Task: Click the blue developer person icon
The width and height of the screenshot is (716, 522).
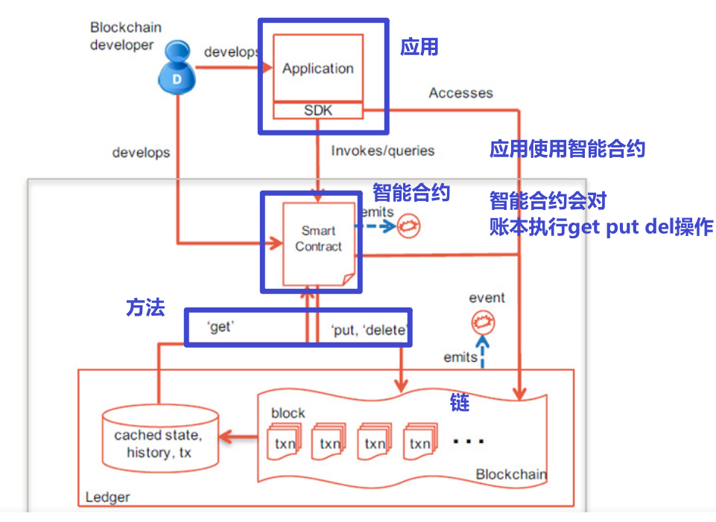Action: (x=177, y=71)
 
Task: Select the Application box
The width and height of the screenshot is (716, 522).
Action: (x=318, y=68)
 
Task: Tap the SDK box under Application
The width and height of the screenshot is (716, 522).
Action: (x=318, y=110)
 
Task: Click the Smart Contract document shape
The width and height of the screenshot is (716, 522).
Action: (x=318, y=240)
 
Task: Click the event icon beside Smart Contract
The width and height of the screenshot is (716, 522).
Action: (x=408, y=226)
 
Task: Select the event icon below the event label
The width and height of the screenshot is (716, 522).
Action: (x=482, y=324)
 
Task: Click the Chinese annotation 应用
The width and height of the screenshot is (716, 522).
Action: (x=419, y=48)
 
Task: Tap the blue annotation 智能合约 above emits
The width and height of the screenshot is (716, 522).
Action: (x=411, y=193)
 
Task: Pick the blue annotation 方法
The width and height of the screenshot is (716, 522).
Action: (x=145, y=308)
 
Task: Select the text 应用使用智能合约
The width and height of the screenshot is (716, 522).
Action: (x=567, y=149)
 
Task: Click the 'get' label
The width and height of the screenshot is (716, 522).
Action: (x=221, y=328)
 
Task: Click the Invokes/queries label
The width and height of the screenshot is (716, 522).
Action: (x=382, y=150)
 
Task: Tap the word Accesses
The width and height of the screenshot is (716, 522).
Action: (x=460, y=93)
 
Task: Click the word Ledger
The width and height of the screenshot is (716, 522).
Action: (x=107, y=497)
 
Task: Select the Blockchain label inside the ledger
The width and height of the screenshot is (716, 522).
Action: (x=510, y=474)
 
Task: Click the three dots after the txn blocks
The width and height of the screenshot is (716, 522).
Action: (x=469, y=442)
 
